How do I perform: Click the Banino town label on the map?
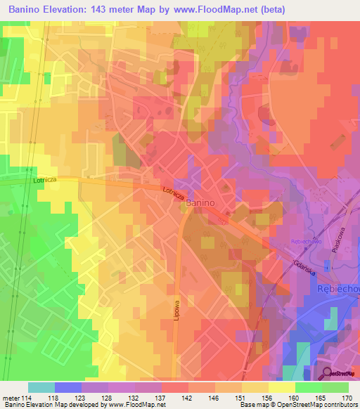pos(200,202)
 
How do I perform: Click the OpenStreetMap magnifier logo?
pos(327,375)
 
